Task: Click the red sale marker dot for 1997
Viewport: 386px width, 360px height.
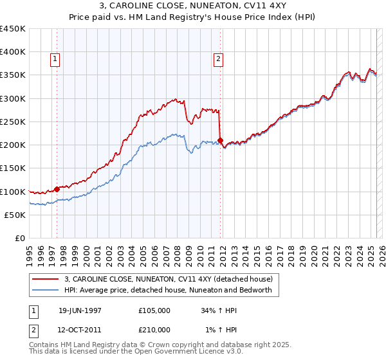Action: pos(57,189)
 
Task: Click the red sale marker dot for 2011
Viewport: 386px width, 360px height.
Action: pos(220,140)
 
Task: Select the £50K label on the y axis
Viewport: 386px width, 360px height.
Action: pos(15,215)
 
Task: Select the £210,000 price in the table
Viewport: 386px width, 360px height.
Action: pos(154,329)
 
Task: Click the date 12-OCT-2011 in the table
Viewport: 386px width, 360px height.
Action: pos(80,329)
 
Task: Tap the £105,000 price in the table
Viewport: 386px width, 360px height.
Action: pos(154,310)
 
